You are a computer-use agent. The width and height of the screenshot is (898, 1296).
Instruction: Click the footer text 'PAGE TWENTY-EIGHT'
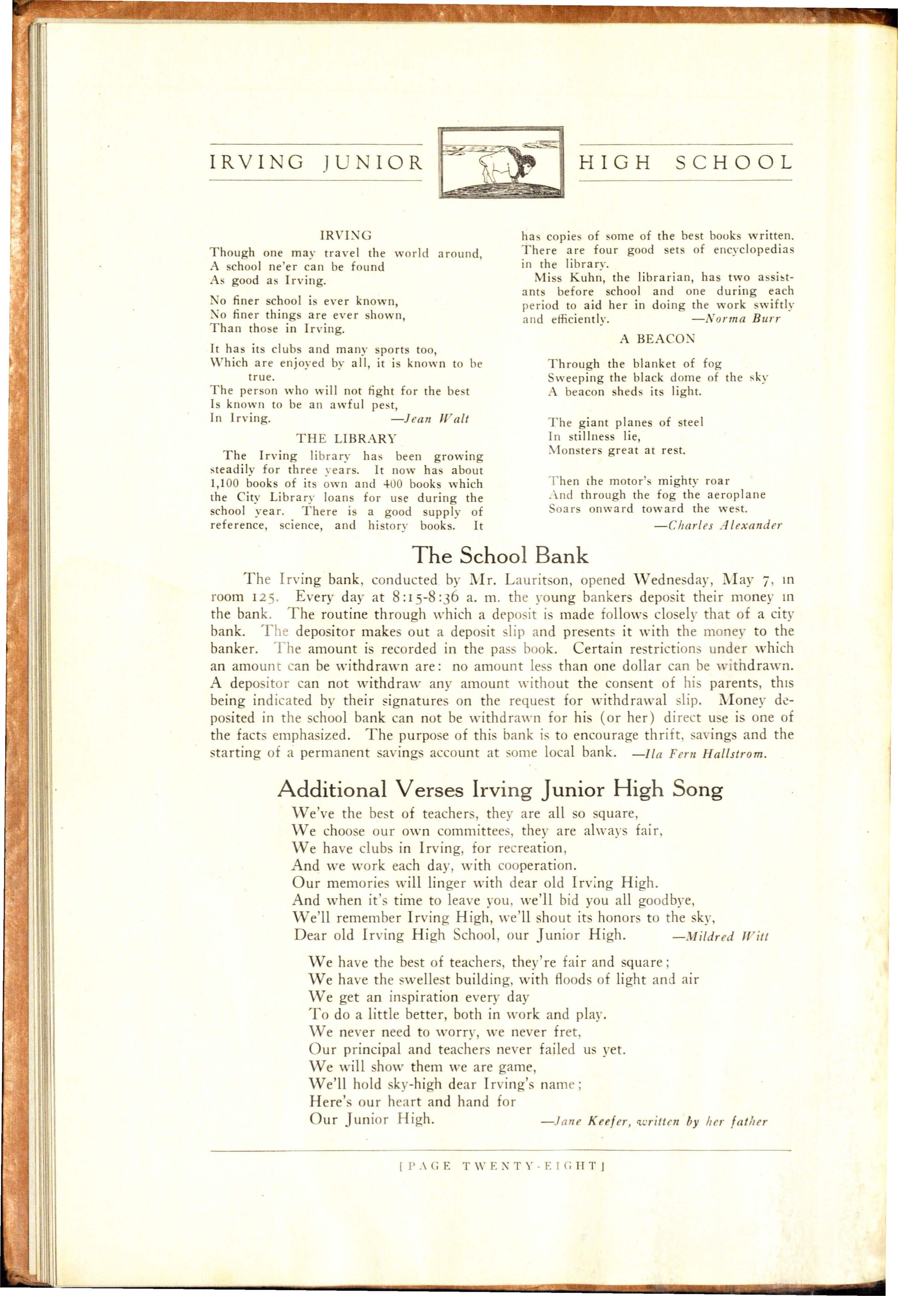(500, 1166)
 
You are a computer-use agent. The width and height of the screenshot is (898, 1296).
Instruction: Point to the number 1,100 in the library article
(225, 484)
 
